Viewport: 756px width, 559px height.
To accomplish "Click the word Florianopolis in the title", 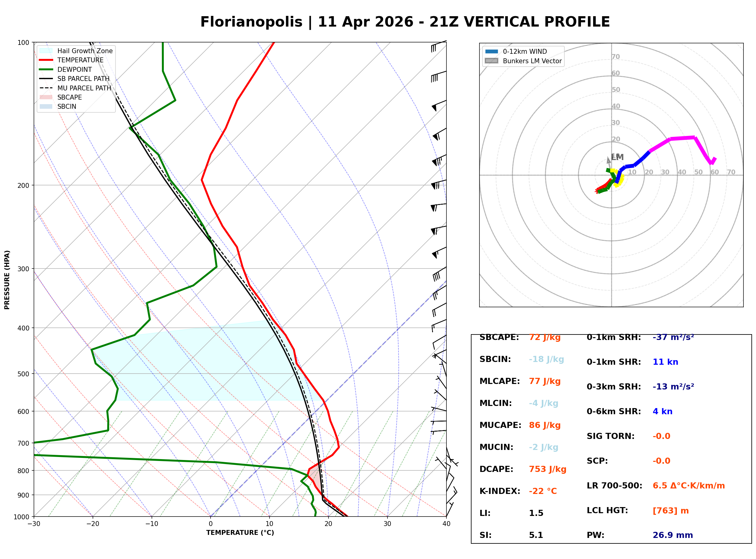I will pyautogui.click(x=251, y=22).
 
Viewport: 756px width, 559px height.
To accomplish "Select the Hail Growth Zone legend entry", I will pyautogui.click(x=85, y=51).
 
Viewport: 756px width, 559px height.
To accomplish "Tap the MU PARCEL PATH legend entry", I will pyautogui.click(x=84, y=88).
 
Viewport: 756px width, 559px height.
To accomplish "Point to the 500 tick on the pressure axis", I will pyautogui.click(x=23, y=374).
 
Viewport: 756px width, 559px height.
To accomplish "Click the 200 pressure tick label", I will pyautogui.click(x=23, y=185).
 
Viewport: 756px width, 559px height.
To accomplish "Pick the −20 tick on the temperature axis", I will pyautogui.click(x=92, y=524).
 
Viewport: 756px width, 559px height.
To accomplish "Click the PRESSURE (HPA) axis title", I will pyautogui.click(x=7, y=280).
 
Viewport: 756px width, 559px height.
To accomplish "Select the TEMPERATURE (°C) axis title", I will pyautogui.click(x=240, y=533).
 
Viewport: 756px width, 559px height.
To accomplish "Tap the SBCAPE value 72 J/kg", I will pyautogui.click(x=545, y=337).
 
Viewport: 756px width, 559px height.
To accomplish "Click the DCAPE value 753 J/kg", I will pyautogui.click(x=547, y=469).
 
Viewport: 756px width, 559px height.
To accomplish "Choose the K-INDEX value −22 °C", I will pyautogui.click(x=542, y=491).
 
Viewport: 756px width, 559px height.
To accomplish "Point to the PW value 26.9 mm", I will pyautogui.click(x=672, y=535).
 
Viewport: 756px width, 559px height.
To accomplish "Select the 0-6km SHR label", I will pyautogui.click(x=614, y=411).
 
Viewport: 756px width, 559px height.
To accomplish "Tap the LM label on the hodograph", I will pyautogui.click(x=617, y=157).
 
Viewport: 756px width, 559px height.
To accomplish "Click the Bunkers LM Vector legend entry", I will pyautogui.click(x=532, y=61).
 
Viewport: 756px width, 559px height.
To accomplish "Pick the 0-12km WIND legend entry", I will pyautogui.click(x=525, y=51).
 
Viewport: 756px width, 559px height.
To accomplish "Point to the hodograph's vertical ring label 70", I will pyautogui.click(x=615, y=57).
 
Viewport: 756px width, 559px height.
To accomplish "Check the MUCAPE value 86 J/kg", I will pyautogui.click(x=545, y=425).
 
